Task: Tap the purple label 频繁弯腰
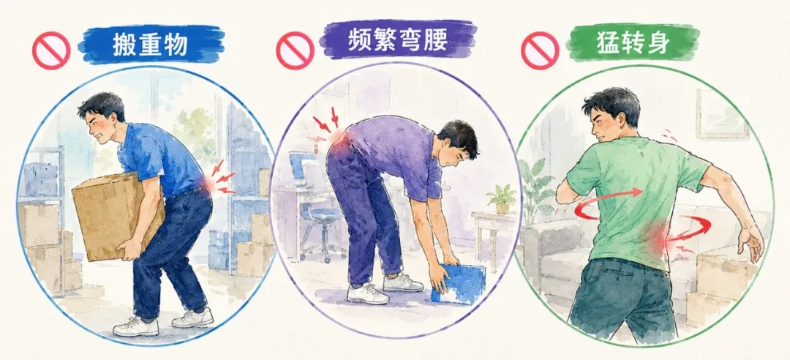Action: tap(398, 39)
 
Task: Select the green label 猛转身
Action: tap(632, 42)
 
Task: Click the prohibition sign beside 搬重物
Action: tap(51, 50)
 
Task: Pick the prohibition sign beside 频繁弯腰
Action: tap(295, 50)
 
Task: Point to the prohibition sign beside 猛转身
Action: tap(540, 50)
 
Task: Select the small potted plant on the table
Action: tap(502, 198)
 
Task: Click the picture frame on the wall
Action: tap(723, 114)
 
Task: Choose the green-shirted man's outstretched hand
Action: tap(751, 243)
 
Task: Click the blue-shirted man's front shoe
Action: tap(135, 327)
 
